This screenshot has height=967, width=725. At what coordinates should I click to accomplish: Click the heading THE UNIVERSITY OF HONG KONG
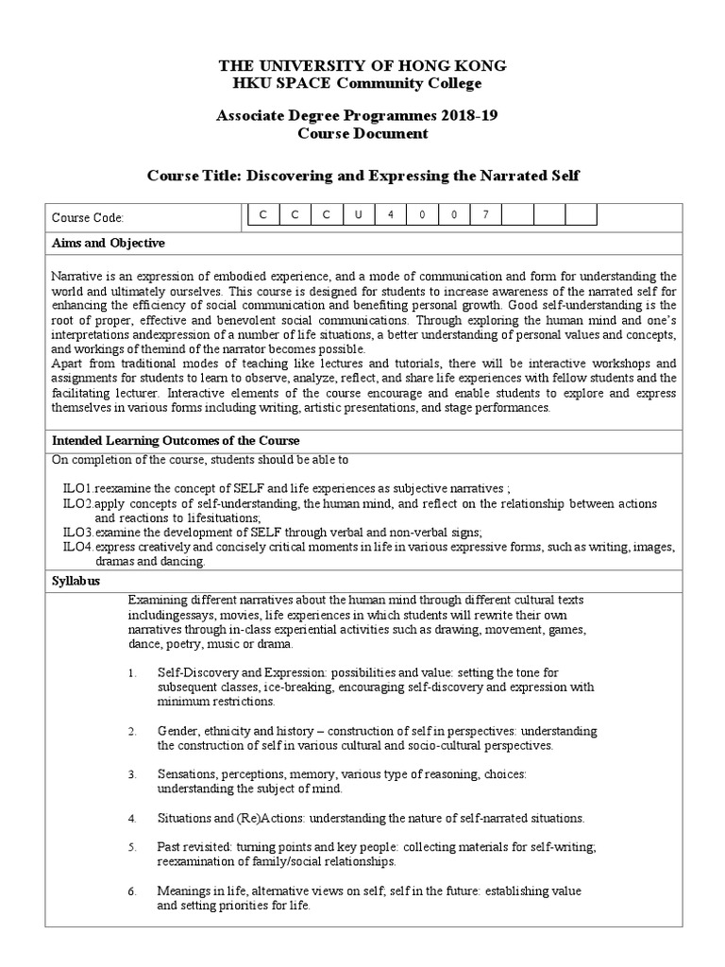[x=362, y=66]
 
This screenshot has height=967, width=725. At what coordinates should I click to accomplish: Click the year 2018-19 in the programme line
[x=472, y=116]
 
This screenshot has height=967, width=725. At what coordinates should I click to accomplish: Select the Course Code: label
[x=88, y=218]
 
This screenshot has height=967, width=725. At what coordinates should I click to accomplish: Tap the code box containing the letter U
[x=358, y=214]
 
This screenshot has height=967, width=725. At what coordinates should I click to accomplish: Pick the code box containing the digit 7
[x=485, y=214]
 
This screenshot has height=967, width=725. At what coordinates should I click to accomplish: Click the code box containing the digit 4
[x=390, y=214]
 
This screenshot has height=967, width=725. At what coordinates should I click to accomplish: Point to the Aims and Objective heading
[x=109, y=244]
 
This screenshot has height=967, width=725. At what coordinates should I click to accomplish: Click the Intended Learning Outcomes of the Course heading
[x=176, y=441]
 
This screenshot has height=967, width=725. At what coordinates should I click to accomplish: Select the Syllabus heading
[x=76, y=582]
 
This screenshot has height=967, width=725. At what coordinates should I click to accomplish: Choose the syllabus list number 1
[x=133, y=672]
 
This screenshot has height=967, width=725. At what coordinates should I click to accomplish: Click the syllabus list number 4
[x=133, y=817]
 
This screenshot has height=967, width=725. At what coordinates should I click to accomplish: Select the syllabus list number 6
[x=133, y=891]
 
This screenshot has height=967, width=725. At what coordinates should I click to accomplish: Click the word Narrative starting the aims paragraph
[x=76, y=275]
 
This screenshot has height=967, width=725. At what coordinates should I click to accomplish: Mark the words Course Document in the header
[x=362, y=134]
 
